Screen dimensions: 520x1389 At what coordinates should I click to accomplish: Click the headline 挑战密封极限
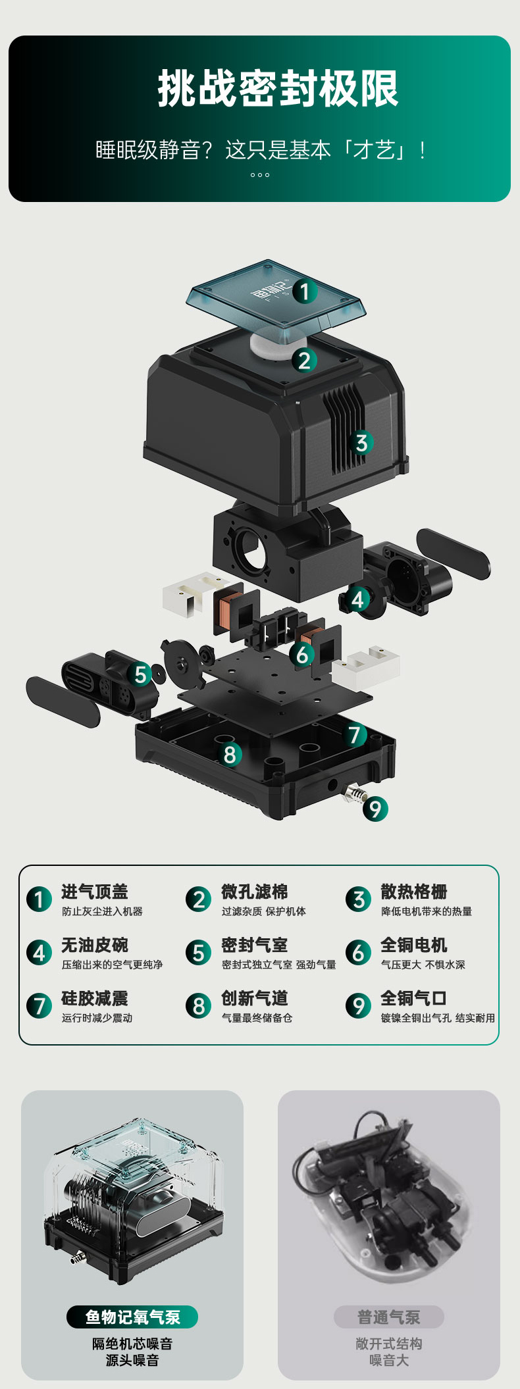pos(278,89)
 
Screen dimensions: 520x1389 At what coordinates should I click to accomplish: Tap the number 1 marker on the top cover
pos(304,291)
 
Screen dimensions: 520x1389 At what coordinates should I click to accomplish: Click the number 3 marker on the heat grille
pos(361,442)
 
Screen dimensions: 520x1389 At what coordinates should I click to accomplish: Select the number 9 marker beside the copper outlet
pos(375,809)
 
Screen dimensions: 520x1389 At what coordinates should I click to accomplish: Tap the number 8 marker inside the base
pos(229,755)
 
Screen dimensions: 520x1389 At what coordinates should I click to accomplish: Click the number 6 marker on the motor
pos(302,655)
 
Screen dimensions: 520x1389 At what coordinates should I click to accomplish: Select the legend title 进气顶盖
pos(95,892)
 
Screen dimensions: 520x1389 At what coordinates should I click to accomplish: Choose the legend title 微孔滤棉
pos(255,892)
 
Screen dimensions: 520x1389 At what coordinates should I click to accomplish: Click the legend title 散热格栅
pos(414,892)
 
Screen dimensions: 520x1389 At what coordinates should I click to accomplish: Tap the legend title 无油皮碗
pos(95,945)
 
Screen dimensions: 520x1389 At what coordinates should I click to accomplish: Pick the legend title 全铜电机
pos(414,945)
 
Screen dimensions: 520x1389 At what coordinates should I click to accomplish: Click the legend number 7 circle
pos(39,1005)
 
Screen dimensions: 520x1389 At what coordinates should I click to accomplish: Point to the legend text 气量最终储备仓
pos(257,1018)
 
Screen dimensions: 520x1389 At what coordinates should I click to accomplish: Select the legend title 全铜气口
pos(414,998)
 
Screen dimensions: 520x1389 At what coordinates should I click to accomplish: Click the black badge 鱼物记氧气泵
pos(132,1317)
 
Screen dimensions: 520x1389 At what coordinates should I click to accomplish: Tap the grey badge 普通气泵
pos(388,1317)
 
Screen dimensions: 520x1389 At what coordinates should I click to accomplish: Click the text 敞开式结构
pos(388,1344)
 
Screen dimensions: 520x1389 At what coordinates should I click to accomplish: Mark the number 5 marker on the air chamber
pos(140,674)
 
